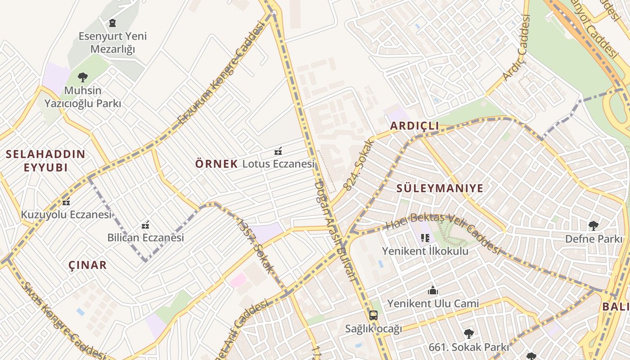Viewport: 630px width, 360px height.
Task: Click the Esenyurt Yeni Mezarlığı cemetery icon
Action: (112, 22)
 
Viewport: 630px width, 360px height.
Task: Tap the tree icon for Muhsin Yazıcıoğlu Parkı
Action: (83, 77)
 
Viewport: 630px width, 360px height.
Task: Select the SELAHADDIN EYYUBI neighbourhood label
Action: (45, 161)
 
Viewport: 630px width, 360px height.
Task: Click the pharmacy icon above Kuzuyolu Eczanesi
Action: (67, 202)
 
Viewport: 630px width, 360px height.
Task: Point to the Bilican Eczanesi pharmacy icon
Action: (145, 225)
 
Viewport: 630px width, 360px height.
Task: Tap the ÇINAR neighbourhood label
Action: (88, 265)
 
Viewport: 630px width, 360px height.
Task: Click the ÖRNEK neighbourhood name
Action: (216, 164)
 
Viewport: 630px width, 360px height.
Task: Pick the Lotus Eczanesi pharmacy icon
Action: (279, 151)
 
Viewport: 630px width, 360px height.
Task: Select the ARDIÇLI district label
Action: (414, 126)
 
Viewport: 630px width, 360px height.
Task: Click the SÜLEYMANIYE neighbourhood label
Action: (440, 188)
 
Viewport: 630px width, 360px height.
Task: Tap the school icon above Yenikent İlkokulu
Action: (425, 238)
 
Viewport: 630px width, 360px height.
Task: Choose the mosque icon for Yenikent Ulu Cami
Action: (433, 290)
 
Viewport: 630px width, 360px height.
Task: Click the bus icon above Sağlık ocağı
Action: (373, 315)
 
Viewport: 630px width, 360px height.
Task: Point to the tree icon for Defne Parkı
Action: (594, 225)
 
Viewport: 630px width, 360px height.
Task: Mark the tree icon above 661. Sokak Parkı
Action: (469, 333)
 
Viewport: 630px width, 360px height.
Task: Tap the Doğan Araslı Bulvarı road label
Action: (335, 232)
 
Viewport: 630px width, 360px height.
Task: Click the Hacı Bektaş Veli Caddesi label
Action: (443, 231)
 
